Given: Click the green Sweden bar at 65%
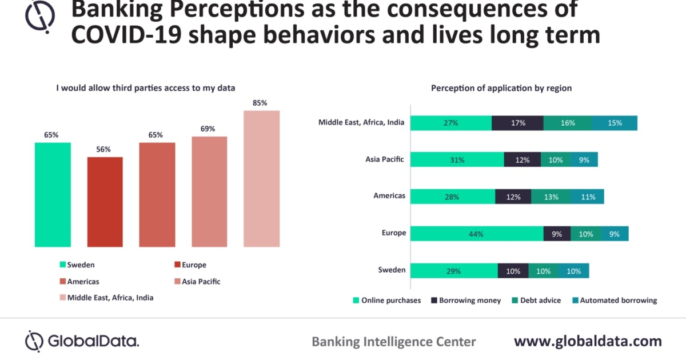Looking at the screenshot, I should [x=53, y=194].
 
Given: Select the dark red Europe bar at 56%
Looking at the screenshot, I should [x=105, y=202].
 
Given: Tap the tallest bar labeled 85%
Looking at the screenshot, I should [x=262, y=178].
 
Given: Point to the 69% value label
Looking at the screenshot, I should [x=208, y=129].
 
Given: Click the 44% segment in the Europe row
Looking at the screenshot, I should [x=477, y=233].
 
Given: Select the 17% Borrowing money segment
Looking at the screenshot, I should [x=517, y=123].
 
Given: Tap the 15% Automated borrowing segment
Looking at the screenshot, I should [x=615, y=123].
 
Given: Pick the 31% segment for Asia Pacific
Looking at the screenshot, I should [x=457, y=159].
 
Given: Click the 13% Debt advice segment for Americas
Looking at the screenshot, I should [x=551, y=197].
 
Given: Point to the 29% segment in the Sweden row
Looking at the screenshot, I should [x=454, y=271].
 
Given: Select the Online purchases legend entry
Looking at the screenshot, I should [x=389, y=300].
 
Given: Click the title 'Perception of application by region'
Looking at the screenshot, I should [x=501, y=88].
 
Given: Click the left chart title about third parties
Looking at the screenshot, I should [x=145, y=88].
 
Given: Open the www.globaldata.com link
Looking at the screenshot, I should [x=588, y=341].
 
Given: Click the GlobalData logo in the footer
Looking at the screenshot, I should [x=82, y=341].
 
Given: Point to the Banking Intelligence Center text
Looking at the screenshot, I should [x=393, y=342].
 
